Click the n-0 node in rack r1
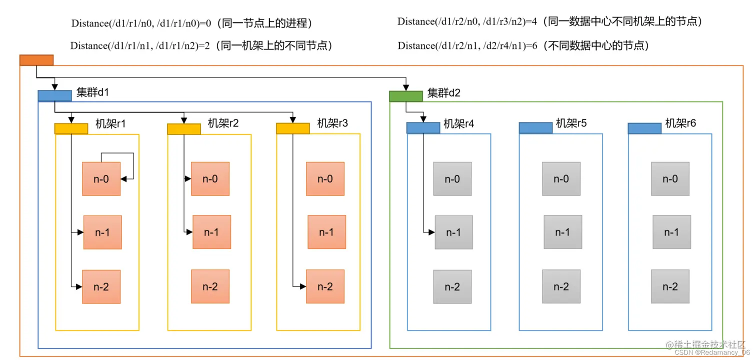101,179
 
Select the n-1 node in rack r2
211,232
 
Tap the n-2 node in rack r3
325,286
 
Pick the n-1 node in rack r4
453,232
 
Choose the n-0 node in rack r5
561,179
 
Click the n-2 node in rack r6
670,286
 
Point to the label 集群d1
92,93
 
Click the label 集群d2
443,93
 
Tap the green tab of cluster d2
406,96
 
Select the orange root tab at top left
36,60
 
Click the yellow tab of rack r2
183,129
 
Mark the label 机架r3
332,123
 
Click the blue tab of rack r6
644,128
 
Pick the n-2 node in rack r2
210,286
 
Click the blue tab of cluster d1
54,96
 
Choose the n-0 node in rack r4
452,179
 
